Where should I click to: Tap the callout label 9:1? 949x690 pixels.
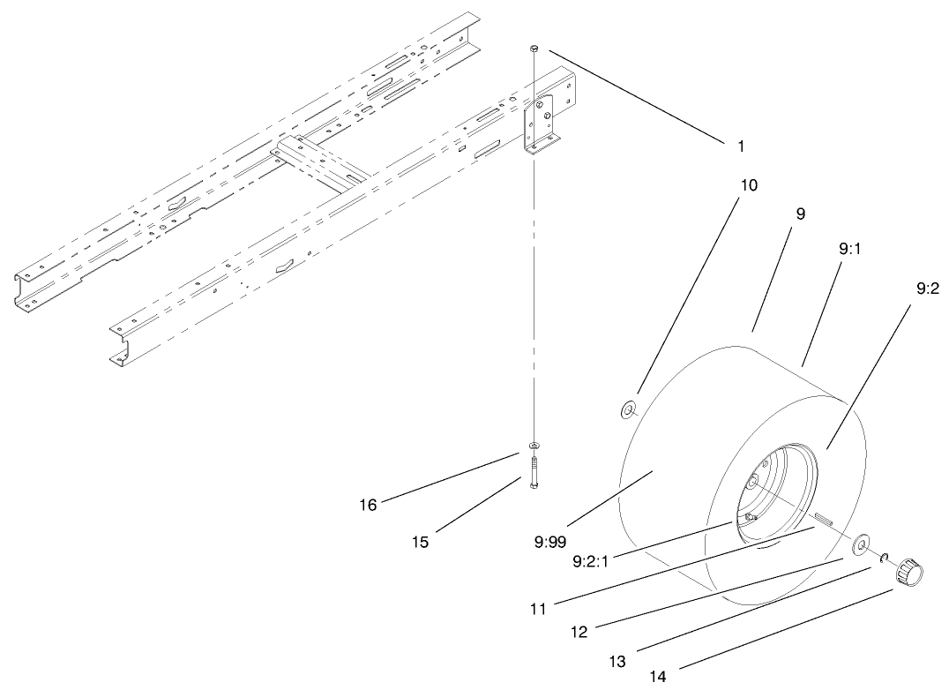coord(851,250)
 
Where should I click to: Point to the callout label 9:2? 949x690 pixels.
coord(926,288)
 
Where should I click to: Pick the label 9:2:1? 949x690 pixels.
coord(592,560)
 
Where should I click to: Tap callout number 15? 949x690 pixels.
coord(421,542)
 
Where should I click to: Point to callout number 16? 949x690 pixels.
coord(368,505)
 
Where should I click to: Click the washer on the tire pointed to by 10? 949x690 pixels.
coord(630,409)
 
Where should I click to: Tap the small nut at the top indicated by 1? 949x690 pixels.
coord(534,49)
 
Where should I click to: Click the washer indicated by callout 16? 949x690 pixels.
coord(534,446)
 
